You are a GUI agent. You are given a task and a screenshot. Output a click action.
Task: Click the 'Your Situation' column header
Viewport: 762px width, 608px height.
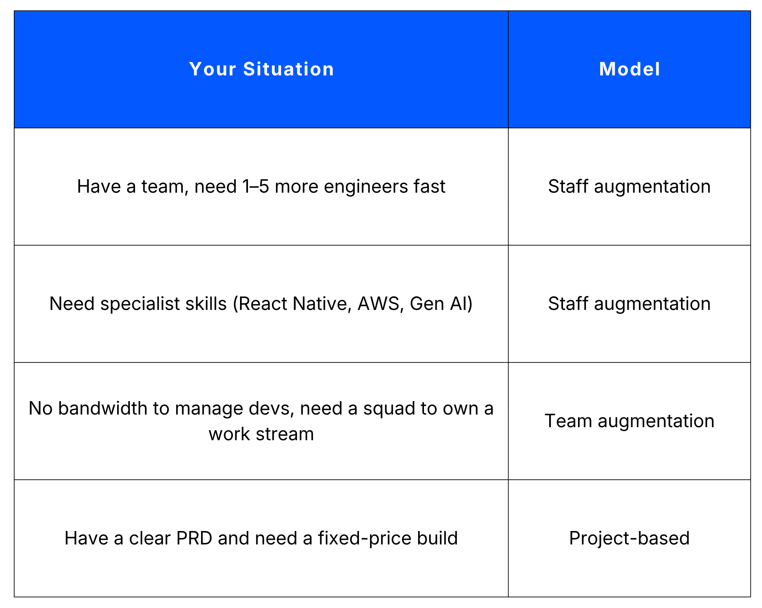261,69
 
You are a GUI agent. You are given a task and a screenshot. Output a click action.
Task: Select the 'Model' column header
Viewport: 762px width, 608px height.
629,69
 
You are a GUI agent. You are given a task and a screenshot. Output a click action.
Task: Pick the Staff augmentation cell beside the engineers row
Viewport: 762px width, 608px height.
629,186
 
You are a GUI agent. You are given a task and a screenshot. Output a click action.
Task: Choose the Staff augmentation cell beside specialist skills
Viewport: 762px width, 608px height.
629,304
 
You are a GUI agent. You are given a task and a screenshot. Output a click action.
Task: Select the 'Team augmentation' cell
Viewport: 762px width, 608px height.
629,421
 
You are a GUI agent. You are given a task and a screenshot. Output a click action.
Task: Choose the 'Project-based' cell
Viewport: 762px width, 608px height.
629,538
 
